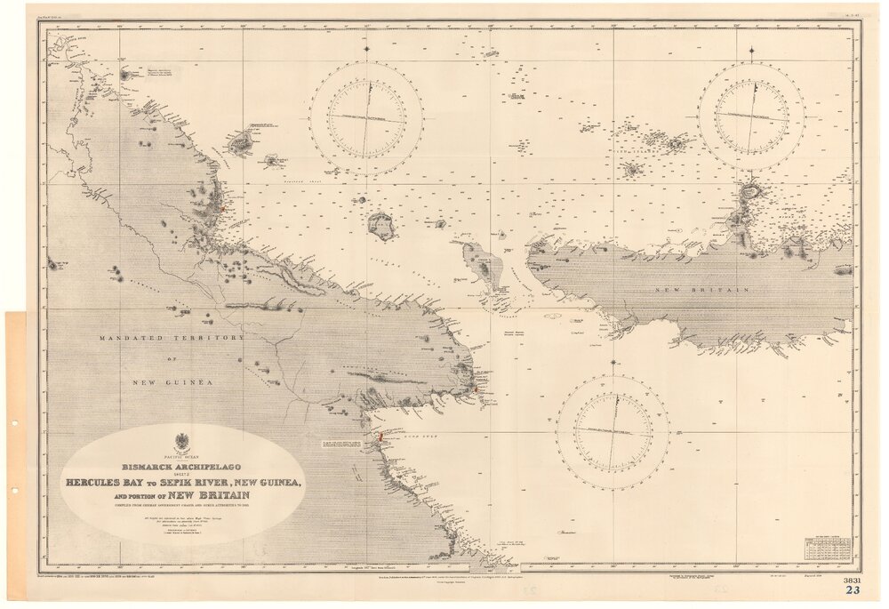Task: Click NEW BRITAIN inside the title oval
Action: coord(212,495)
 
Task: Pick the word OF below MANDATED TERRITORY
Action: coord(175,360)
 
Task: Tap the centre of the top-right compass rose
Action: coord(751,116)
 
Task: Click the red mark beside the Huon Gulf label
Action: coord(380,437)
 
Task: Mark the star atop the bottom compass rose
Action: coord(613,362)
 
